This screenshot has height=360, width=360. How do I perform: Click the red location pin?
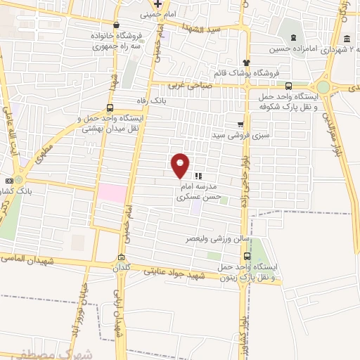point(180,165)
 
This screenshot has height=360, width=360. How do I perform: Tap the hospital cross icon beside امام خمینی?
point(159,4)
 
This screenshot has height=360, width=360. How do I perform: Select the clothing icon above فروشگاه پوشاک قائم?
point(246,62)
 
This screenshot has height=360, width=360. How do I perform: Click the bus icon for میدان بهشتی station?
point(109,108)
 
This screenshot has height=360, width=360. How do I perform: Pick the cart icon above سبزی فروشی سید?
point(241,122)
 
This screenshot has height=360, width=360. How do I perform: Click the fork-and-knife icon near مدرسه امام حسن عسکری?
point(198,176)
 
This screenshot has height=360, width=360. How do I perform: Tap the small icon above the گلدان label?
point(123,257)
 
